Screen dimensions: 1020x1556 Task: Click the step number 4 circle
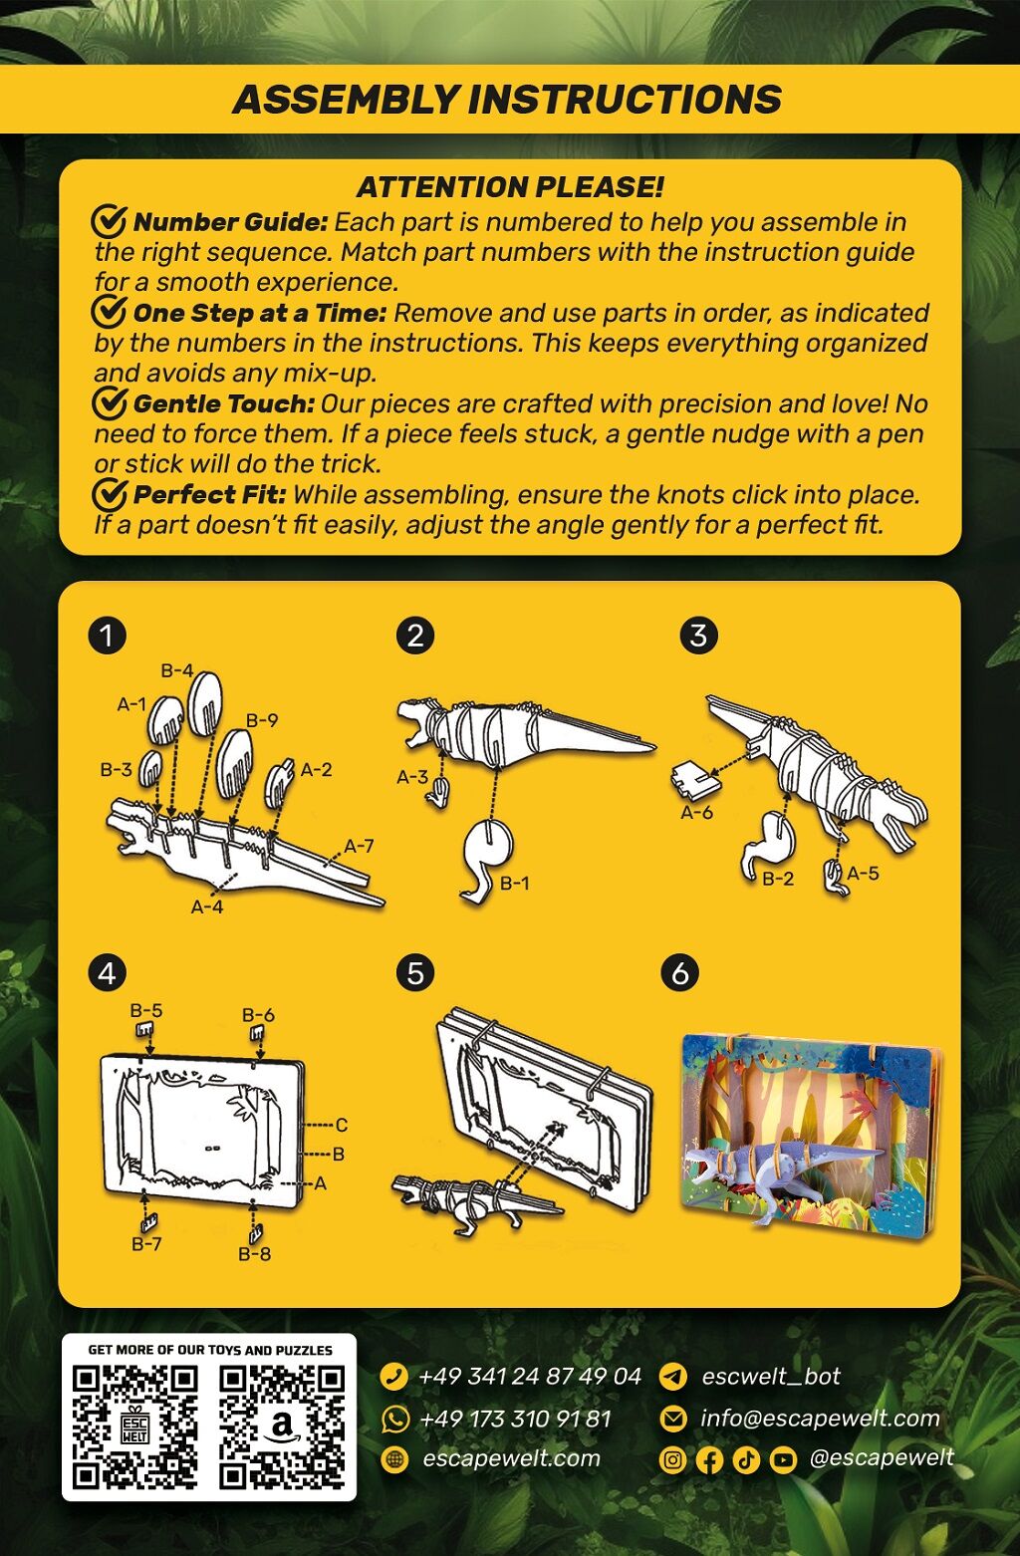107,974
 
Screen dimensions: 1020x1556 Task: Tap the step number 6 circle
680,974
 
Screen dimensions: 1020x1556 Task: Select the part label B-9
262,720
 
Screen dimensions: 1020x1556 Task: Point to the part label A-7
359,846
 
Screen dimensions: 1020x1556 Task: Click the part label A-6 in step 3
697,812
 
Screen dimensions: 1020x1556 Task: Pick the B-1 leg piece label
515,883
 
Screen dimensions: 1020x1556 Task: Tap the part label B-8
254,1254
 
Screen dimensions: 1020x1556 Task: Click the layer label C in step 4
341,1125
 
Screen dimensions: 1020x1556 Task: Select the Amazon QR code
282,1427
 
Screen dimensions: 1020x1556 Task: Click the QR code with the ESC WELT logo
135,1427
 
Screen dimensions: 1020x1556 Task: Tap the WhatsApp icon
394,1419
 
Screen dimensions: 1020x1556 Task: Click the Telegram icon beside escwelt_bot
672,1376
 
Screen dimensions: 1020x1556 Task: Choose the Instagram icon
672,1460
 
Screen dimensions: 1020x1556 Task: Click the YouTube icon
783,1460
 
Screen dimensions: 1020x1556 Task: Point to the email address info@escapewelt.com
820,1418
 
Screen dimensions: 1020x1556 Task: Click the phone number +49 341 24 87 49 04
530,1376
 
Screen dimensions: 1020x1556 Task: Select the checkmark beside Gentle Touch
110,402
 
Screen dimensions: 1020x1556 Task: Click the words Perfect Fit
209,494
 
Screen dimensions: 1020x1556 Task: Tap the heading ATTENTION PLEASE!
510,187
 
